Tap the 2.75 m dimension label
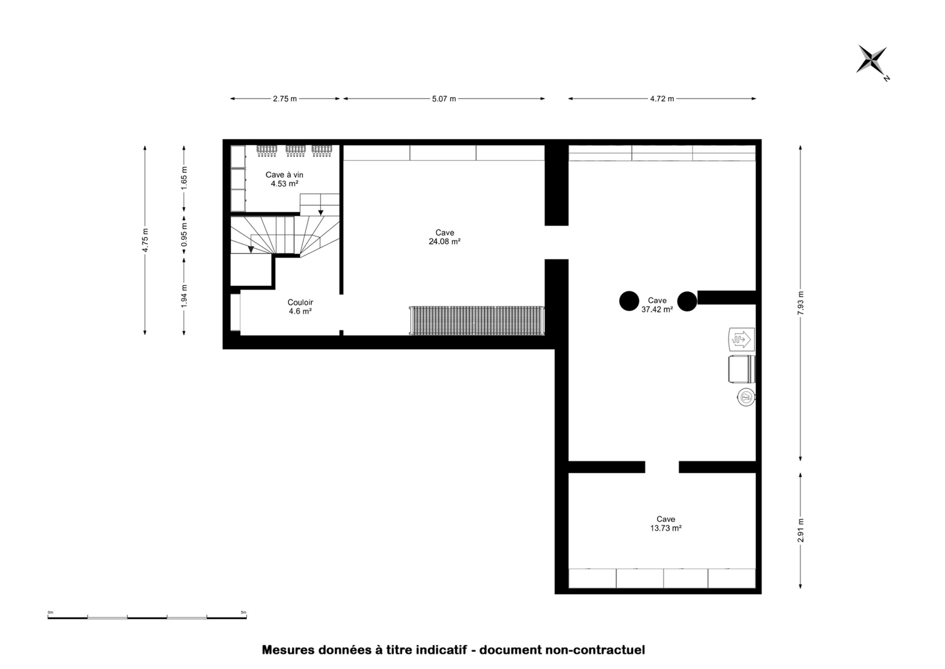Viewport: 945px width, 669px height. tap(284, 99)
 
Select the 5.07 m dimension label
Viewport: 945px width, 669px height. tap(444, 99)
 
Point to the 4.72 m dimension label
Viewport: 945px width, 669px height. tap(662, 99)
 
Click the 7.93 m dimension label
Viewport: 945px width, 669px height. tap(801, 303)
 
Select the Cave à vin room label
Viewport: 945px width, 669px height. tap(284, 175)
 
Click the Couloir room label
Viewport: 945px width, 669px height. tap(300, 302)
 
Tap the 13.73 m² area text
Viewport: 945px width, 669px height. tap(666, 528)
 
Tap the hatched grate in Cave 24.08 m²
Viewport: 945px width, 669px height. tap(477, 321)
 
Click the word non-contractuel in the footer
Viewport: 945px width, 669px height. tap(595, 650)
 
